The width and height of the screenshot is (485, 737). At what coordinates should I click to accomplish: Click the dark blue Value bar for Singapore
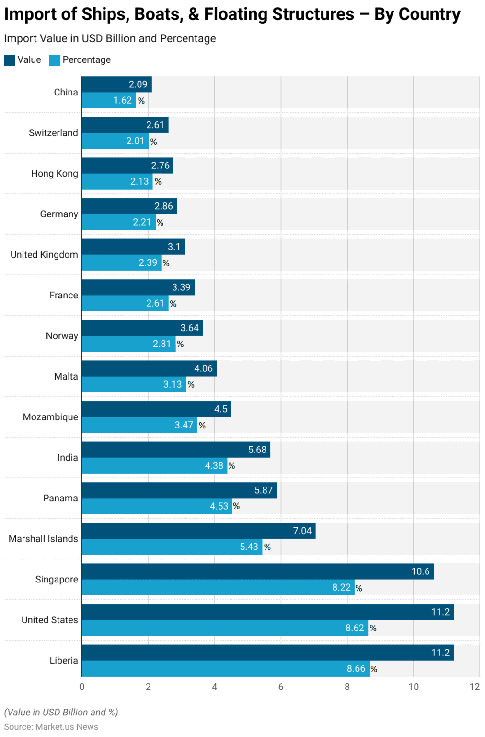pyautogui.click(x=258, y=571)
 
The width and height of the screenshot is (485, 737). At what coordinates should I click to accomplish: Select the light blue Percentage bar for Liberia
pyautogui.click(x=225, y=668)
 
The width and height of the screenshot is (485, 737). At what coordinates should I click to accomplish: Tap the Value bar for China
pyautogui.click(x=116, y=84)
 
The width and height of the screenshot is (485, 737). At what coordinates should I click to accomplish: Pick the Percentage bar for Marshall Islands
pyautogui.click(x=172, y=547)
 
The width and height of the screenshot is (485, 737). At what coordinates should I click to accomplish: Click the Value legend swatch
pyautogui.click(x=10, y=60)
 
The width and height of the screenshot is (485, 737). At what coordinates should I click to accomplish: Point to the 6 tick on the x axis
pyautogui.click(x=281, y=687)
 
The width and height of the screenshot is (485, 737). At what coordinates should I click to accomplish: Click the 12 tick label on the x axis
pyautogui.click(x=474, y=687)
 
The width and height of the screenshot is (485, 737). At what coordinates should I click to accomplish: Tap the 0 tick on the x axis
pyautogui.click(x=82, y=687)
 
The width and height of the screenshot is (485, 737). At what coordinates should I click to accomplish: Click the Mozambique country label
pyautogui.click(x=50, y=417)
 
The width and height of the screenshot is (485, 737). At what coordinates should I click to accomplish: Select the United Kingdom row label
pyautogui.click(x=44, y=255)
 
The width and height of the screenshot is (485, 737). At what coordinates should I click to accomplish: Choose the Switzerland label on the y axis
pyautogui.click(x=53, y=133)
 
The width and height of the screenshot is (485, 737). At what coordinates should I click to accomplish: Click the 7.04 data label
pyautogui.click(x=302, y=531)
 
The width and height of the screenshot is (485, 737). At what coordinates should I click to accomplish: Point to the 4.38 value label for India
pyautogui.click(x=214, y=465)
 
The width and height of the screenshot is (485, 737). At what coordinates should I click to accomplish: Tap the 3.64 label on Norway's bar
pyautogui.click(x=189, y=328)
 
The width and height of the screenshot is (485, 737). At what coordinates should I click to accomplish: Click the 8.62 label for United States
pyautogui.click(x=355, y=628)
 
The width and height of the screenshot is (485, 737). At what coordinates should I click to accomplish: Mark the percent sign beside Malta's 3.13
pyautogui.click(x=191, y=385)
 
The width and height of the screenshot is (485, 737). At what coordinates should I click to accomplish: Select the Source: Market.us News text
pyautogui.click(x=51, y=727)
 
